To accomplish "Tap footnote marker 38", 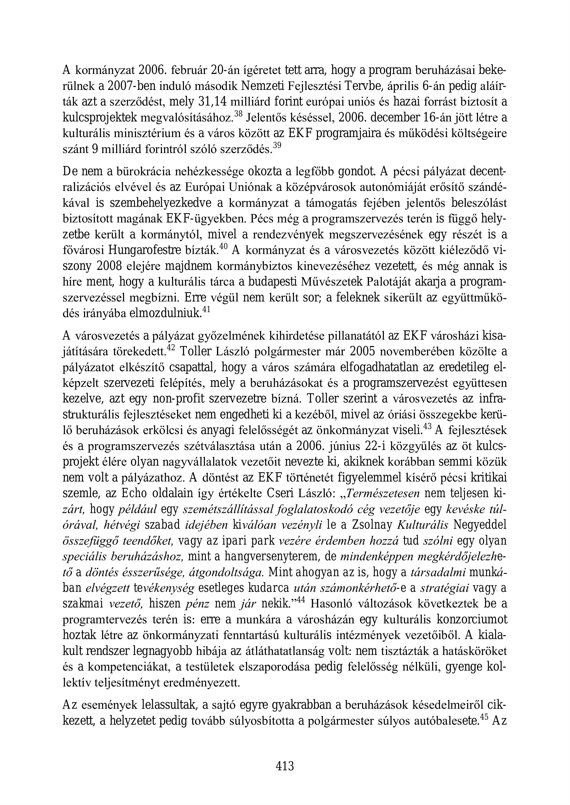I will tap(238, 114).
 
